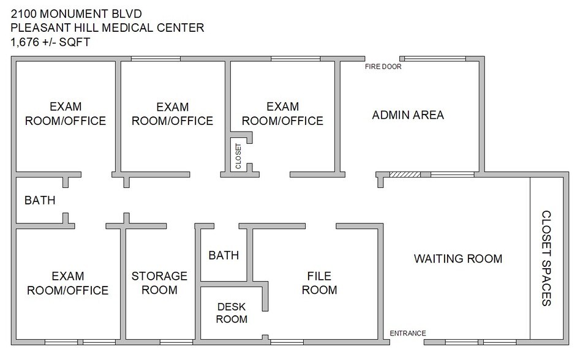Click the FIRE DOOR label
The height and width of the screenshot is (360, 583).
(383, 67)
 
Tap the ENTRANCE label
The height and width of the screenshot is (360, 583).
(408, 333)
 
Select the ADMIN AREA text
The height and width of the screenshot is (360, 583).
(408, 114)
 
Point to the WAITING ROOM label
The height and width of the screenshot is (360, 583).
(458, 258)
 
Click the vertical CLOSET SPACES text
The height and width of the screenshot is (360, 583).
(547, 258)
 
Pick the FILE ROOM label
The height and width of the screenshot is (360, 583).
(320, 282)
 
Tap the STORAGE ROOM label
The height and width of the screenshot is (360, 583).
(159, 282)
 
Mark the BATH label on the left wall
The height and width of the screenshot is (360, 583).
(40, 200)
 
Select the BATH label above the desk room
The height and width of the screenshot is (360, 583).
(224, 255)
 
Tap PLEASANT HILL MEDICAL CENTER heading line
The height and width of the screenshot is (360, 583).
(107, 28)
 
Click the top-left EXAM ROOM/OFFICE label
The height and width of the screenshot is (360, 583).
(65, 113)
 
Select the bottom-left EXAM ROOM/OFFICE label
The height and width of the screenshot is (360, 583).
(67, 283)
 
